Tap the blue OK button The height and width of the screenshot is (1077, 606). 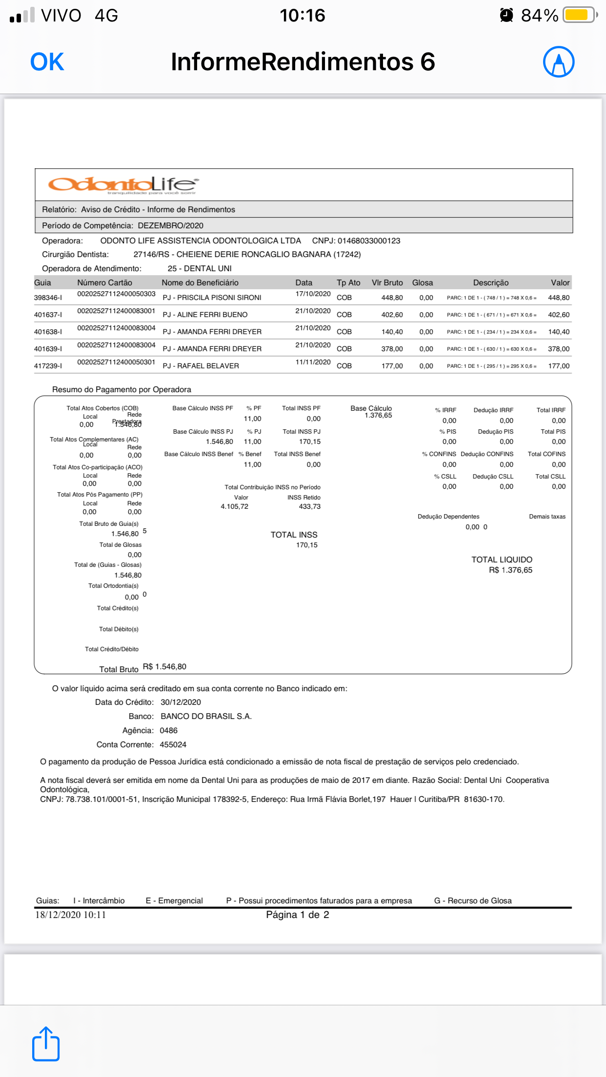[x=47, y=62]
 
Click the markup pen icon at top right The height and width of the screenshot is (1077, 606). [x=558, y=62]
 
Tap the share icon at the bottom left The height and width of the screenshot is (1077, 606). [x=46, y=1044]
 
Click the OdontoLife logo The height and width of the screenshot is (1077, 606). [x=123, y=185]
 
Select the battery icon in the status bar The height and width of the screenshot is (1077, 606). [x=579, y=15]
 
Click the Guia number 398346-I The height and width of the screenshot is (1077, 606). [x=48, y=298]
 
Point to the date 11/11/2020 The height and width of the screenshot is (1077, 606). [x=313, y=362]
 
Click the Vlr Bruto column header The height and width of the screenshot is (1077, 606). [x=387, y=282]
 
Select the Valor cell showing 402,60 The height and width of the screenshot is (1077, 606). [x=558, y=315]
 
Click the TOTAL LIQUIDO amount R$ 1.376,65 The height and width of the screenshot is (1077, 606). [x=510, y=570]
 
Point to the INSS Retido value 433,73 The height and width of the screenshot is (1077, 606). [x=309, y=506]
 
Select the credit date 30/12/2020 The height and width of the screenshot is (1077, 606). [x=181, y=702]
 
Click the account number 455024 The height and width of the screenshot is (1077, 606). [x=173, y=744]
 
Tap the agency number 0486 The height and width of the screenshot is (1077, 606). [x=168, y=730]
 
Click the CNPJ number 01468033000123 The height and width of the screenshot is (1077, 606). [x=368, y=240]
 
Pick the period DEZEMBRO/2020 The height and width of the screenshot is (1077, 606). [x=170, y=225]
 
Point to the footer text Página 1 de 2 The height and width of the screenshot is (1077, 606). [x=297, y=915]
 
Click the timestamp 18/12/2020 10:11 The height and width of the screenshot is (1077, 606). [x=70, y=915]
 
